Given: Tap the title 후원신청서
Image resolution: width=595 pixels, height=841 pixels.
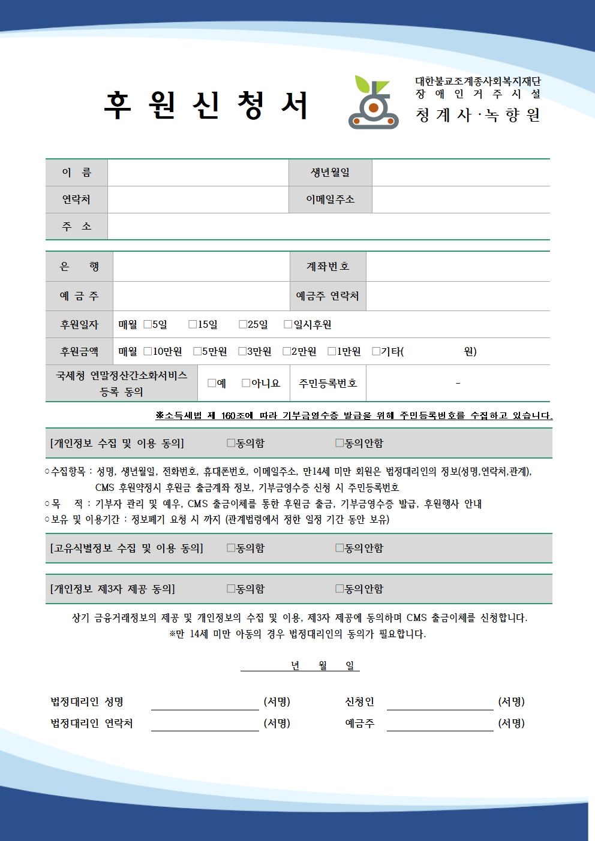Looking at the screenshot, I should coord(206,105).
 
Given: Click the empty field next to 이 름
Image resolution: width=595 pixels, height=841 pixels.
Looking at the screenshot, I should coord(198,173).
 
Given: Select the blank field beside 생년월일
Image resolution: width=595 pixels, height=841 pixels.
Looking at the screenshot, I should coord(460,173).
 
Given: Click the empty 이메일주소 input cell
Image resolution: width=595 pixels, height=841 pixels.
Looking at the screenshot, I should coord(460,200).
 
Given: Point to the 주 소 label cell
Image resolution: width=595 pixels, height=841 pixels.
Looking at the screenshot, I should coord(77,227).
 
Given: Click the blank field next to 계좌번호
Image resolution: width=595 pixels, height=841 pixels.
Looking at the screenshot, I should coord(458,267).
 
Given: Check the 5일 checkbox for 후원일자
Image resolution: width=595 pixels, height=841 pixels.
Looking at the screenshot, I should coord(148,324).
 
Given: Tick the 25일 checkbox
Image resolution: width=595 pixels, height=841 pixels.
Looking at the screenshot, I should coord(243,324).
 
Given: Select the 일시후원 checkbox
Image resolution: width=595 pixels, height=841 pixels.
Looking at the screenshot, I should coord(288,324).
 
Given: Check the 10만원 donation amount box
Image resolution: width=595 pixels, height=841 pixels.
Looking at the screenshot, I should coord(148,351).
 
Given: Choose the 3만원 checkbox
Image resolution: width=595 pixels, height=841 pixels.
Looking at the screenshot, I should coord(242,351).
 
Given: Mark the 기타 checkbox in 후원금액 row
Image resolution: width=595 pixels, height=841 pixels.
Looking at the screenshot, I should coord(376,351).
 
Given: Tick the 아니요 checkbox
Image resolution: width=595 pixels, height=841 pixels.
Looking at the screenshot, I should coord(246,383).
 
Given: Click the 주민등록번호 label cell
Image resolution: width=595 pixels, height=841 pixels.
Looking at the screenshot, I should coord(327,383).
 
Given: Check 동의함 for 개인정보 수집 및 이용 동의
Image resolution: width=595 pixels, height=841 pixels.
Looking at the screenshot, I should coord(231,443).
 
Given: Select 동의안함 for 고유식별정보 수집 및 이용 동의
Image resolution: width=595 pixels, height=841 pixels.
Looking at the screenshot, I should coord(339,548).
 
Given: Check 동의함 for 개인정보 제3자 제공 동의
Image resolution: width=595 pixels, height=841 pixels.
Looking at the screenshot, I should coord(231,589).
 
